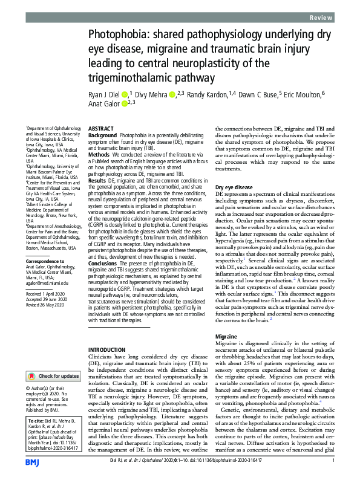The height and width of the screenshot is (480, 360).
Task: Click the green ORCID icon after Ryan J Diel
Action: point(124,94)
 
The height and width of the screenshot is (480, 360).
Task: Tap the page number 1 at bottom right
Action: point(333,461)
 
